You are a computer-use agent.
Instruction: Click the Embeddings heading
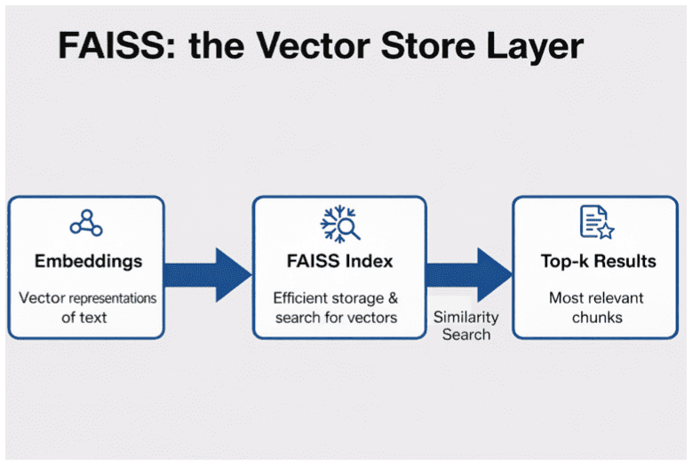(x=87, y=262)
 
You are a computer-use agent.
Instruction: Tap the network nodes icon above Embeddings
(x=86, y=222)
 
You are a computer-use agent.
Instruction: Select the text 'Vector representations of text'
(x=87, y=307)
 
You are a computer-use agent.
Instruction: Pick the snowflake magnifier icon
(x=340, y=223)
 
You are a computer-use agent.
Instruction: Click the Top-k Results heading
(x=598, y=262)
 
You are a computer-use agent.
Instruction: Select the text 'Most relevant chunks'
(x=597, y=307)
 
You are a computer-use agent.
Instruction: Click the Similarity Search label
(x=466, y=326)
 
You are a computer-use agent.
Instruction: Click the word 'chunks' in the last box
(x=597, y=317)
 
